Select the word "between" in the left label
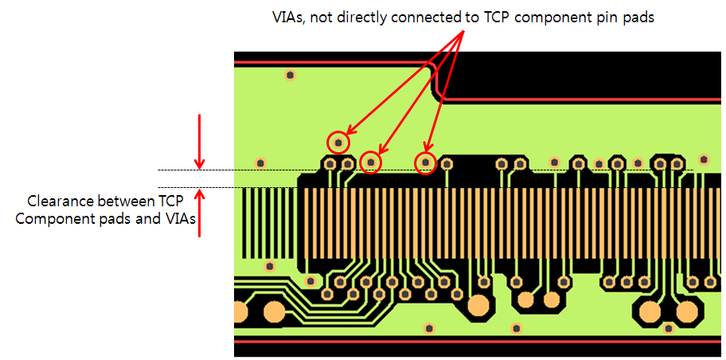[x=123, y=201]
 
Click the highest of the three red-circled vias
[x=338, y=143]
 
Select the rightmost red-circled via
[x=426, y=163]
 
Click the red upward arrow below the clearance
[x=199, y=212]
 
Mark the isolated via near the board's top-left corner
[x=290, y=75]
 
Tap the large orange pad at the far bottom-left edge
[x=240, y=312]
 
